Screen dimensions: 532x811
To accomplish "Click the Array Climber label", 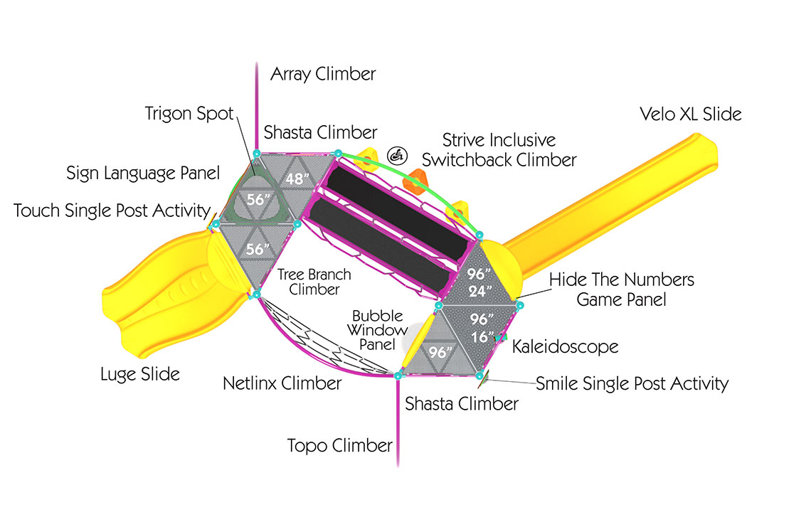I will point(323,73).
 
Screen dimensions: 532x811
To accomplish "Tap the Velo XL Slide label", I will point(690,114).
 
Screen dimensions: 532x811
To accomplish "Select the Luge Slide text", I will point(140,373).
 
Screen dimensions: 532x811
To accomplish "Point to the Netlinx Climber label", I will point(282,383).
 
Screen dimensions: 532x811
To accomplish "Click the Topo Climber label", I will point(340,446).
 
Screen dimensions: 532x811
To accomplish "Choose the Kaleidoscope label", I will point(566,346).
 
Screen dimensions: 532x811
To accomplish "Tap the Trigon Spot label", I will point(189,114).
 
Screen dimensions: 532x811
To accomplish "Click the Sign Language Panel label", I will point(143,172).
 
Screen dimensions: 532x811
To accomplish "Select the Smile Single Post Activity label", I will point(632,383).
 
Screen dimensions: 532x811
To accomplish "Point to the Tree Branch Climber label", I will point(314,282).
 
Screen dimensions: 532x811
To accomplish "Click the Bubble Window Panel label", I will point(377,330).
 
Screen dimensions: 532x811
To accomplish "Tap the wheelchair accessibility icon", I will point(397,154).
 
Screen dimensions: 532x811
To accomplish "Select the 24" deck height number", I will point(481,291).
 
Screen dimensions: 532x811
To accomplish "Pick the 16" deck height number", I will point(482,337).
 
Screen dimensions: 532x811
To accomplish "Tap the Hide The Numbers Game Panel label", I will point(621,289).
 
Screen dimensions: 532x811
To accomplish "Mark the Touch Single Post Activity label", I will point(112,211).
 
